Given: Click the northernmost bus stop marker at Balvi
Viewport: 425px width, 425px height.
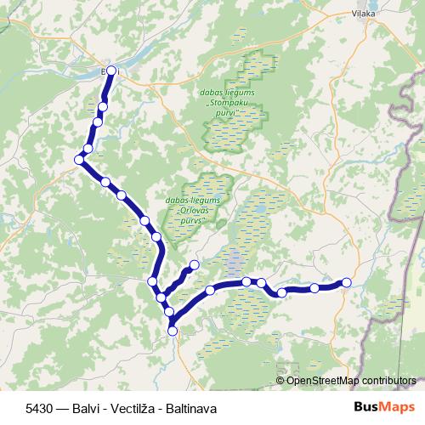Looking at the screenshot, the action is point(110,71).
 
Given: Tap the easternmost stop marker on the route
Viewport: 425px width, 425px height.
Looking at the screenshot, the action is point(346,282).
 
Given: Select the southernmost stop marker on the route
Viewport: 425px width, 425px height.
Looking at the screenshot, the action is point(173,331).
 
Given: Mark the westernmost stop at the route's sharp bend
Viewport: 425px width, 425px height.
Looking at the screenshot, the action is point(78,159).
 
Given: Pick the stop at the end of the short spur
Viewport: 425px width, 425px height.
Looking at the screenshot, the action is point(195,265).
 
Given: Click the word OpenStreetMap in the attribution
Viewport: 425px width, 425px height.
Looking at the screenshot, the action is point(323,381).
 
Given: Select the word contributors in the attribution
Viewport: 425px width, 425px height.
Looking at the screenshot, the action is point(388,381).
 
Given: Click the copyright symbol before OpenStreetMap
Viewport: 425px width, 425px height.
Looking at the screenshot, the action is point(280,381).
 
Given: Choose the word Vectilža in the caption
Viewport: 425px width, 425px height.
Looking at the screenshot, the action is point(129,409).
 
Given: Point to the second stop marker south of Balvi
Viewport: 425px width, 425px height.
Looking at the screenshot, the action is point(98,122).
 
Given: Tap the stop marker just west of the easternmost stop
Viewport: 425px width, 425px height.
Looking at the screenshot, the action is point(314,288).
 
